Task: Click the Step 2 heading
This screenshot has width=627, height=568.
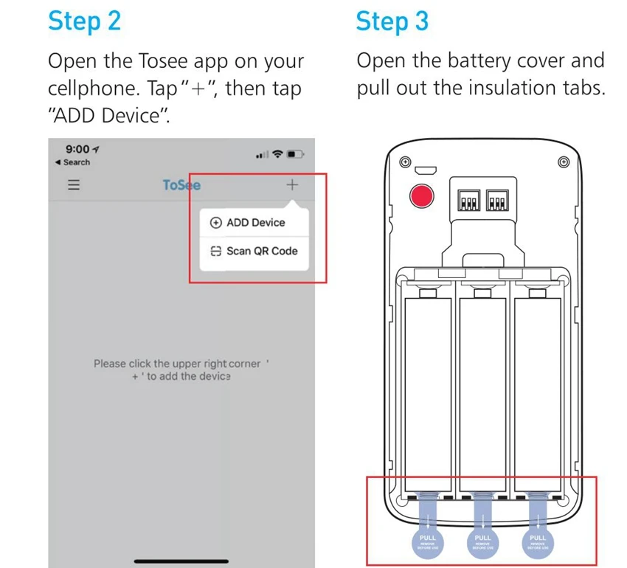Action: tap(84, 21)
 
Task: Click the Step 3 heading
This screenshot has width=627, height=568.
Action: tap(392, 21)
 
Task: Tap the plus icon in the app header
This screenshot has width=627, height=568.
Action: tap(292, 184)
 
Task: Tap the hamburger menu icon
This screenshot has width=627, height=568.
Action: tap(74, 184)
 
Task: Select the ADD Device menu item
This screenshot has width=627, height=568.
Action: tap(248, 223)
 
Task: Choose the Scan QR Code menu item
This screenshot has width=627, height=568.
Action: tap(254, 251)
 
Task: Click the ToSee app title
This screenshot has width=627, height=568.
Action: tap(181, 184)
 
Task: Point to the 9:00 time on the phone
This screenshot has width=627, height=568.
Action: tap(77, 150)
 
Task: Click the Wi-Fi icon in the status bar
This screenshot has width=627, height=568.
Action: tap(277, 154)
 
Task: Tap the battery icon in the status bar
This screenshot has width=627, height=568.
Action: tap(295, 154)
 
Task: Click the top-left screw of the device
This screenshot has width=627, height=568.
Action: tap(404, 162)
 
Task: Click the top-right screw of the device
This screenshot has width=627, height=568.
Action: tap(564, 162)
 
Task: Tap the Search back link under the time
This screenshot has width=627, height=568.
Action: tap(74, 162)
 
